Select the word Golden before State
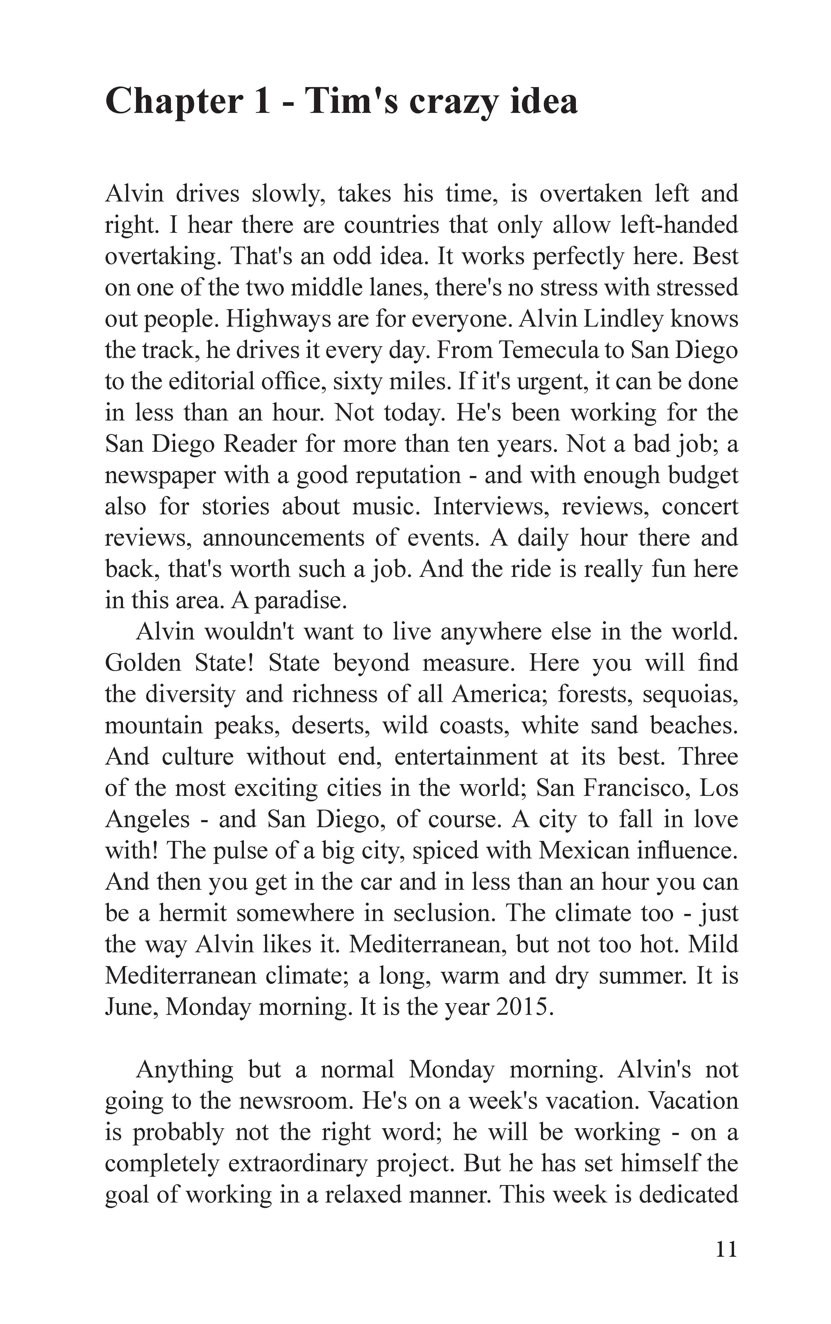pos(143,663)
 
